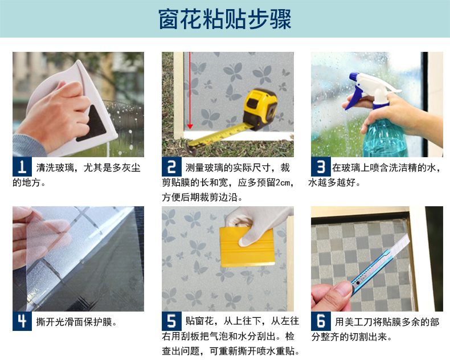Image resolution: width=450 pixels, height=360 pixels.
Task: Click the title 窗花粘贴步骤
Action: (x=225, y=19)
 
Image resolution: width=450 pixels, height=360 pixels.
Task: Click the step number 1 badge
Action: (x=22, y=166)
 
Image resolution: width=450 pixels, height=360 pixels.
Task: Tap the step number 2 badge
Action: (x=171, y=166)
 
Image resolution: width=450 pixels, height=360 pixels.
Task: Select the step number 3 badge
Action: (x=321, y=166)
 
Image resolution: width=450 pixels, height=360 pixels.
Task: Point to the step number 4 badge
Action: (x=22, y=321)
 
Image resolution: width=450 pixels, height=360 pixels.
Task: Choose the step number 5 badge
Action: (x=171, y=321)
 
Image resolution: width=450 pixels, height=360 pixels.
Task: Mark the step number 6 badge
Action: (x=321, y=321)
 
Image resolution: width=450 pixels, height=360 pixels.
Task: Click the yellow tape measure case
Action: (x=260, y=109)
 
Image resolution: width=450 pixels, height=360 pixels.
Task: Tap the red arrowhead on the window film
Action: (x=190, y=126)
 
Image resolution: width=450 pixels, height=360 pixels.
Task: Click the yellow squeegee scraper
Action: (x=247, y=247)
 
